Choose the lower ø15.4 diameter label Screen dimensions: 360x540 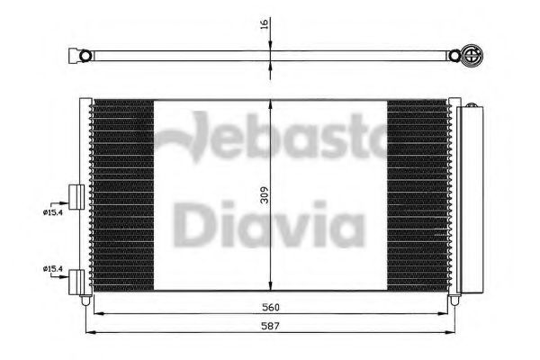click(53, 267)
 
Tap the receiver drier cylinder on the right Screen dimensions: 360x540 click(471, 198)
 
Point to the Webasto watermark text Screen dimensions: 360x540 click(270, 144)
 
